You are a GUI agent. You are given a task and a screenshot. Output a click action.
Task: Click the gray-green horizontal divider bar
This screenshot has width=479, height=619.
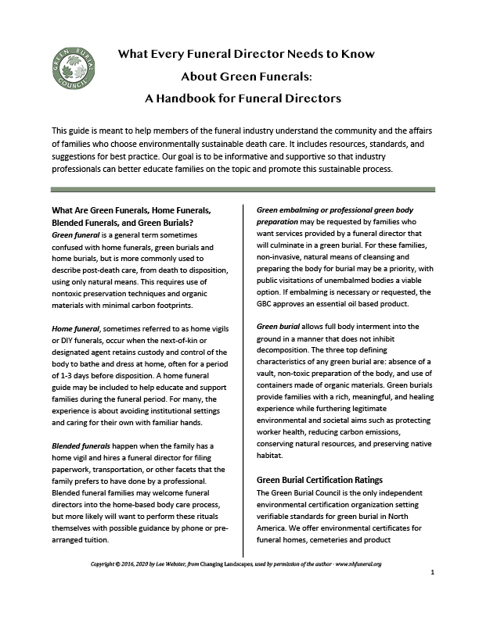pyautogui.click(x=239, y=189)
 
